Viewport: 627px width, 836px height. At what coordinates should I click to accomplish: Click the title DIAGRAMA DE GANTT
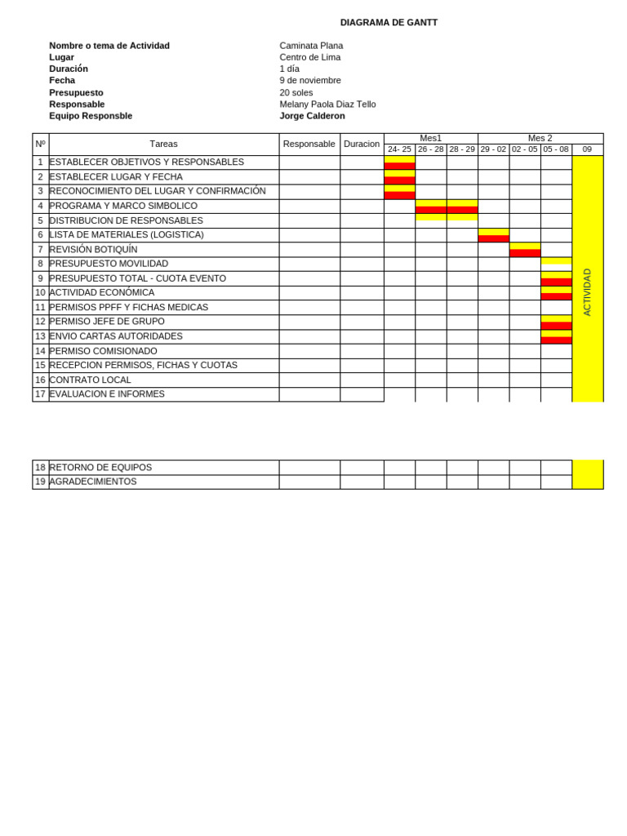tap(389, 23)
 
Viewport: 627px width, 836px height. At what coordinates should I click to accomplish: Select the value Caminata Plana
tap(311, 46)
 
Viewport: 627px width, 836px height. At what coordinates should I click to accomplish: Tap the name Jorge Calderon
tap(312, 116)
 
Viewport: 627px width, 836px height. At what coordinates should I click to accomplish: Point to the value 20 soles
tap(296, 92)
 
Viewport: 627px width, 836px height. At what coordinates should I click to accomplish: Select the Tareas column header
tap(163, 144)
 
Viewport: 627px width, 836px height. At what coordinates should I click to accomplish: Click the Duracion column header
tap(362, 144)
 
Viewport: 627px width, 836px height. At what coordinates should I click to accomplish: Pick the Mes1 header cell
tap(430, 138)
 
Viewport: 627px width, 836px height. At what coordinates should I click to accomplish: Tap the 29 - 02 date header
tap(493, 149)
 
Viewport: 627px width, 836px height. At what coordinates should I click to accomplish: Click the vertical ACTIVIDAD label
tap(587, 291)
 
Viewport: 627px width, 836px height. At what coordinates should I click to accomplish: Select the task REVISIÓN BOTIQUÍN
tap(93, 249)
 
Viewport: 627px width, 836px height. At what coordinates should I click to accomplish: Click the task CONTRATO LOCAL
tap(90, 380)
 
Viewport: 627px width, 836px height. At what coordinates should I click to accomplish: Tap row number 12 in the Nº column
tap(40, 322)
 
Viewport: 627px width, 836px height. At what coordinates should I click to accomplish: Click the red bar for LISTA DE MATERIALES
tap(493, 238)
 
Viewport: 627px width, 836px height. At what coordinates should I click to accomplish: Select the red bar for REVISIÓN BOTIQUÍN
tap(524, 253)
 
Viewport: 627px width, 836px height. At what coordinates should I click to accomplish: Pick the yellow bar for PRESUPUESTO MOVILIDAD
tap(556, 261)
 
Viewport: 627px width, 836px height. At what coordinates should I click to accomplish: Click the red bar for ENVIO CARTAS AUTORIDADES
tap(556, 340)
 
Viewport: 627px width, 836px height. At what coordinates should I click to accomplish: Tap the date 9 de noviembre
tap(310, 80)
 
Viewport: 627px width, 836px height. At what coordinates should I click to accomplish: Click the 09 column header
tap(587, 149)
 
